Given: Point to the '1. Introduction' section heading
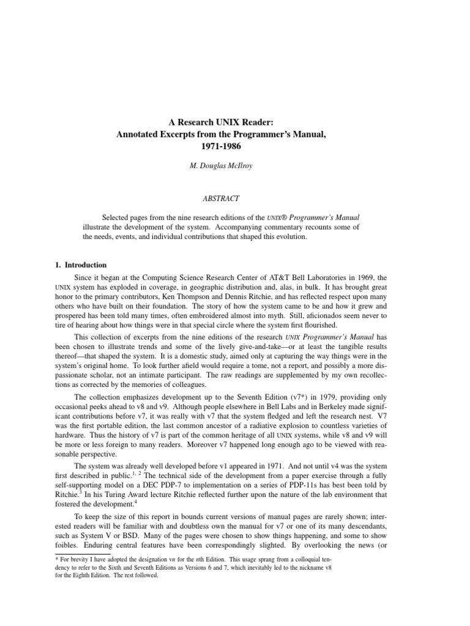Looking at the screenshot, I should (x=78, y=265).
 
